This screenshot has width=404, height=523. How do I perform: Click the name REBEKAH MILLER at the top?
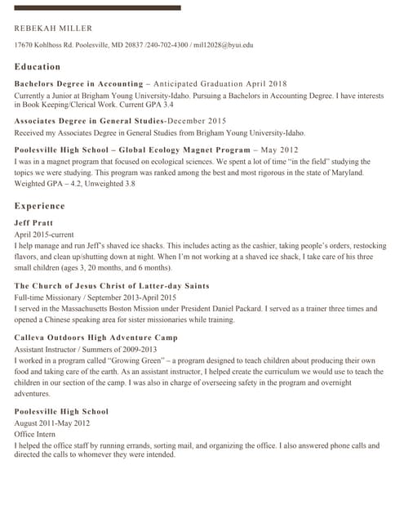click(x=53, y=29)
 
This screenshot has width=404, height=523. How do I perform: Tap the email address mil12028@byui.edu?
click(x=223, y=46)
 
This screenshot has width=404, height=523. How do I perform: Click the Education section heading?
click(x=38, y=67)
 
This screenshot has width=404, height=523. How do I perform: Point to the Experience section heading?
click(x=39, y=207)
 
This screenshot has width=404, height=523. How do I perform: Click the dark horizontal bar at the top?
click(x=98, y=7)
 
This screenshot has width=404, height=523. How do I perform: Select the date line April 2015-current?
click(x=44, y=234)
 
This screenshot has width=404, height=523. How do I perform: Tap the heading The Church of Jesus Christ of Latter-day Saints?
click(x=112, y=286)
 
